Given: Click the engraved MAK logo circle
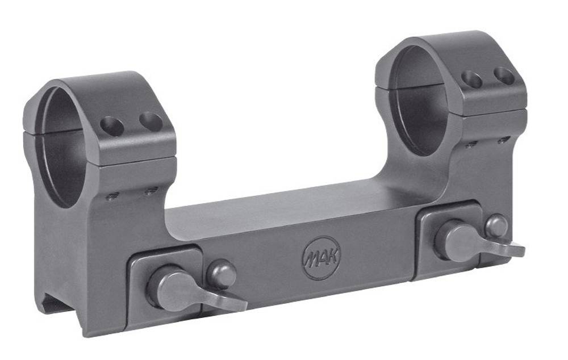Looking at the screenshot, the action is (x=321, y=258).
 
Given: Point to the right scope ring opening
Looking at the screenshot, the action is (x=420, y=102).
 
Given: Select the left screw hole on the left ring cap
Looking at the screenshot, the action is (x=112, y=127).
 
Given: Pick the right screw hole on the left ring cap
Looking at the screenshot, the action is (x=151, y=122).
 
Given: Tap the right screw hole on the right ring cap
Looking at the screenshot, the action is (x=504, y=76).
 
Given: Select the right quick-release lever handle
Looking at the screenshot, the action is (x=478, y=241).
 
